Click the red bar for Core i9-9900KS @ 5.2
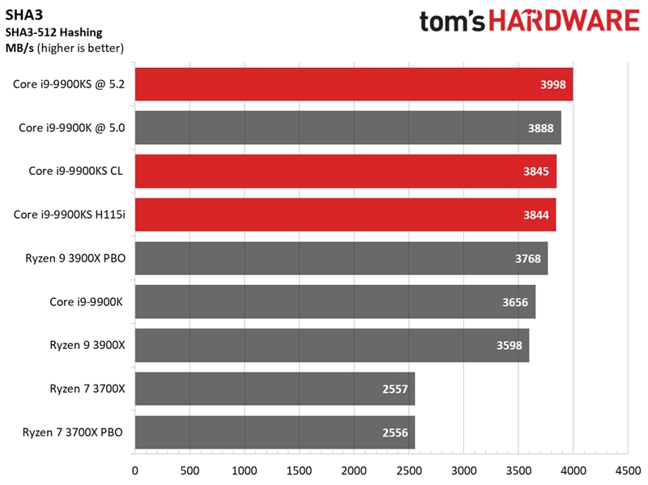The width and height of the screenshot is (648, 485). tap(353, 84)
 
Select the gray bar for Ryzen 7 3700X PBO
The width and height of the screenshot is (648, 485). tap(275, 432)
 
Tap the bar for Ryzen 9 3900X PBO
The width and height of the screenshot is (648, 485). tap(341, 258)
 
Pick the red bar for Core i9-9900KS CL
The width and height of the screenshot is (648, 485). tap(345, 171)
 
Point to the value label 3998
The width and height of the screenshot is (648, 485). tap(554, 84)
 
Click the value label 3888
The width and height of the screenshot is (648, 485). tap(542, 128)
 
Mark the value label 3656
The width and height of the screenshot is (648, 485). tap(516, 302)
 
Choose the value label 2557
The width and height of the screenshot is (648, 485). tap(396, 389)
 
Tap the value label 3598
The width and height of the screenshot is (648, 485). tap(510, 346)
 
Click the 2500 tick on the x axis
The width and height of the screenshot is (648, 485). tap(408, 469)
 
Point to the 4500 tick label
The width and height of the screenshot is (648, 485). tap(628, 469)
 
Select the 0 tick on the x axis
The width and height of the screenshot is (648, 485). tap(134, 469)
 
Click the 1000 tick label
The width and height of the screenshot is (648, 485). tap(244, 469)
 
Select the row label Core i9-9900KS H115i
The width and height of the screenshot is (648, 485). tap(70, 215)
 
